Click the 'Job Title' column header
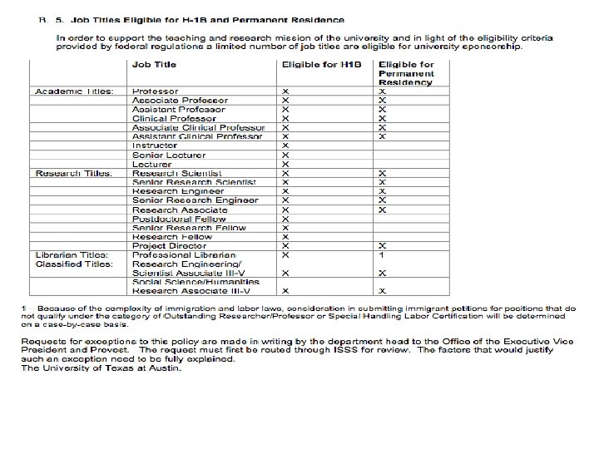[152, 64]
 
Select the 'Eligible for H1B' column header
[315, 64]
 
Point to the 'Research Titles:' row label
[74, 173]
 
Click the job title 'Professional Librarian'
[183, 254]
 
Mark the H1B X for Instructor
[285, 146]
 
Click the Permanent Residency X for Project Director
[383, 245]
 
